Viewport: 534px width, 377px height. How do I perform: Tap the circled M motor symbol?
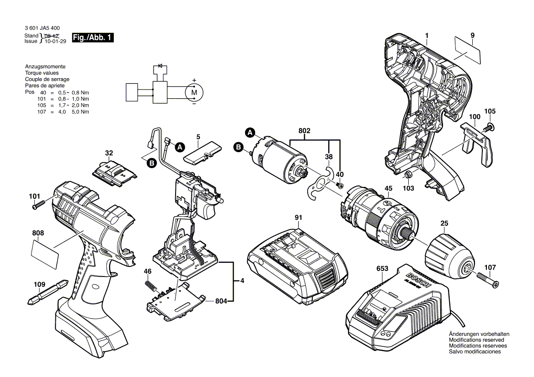194,92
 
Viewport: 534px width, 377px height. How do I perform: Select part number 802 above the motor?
304,131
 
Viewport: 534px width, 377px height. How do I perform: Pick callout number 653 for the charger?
382,269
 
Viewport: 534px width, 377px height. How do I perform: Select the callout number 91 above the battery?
298,218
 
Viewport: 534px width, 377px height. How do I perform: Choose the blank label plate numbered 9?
468,50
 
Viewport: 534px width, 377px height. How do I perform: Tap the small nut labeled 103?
408,175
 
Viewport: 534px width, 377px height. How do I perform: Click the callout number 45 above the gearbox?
388,188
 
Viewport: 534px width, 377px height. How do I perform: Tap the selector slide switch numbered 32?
114,173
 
